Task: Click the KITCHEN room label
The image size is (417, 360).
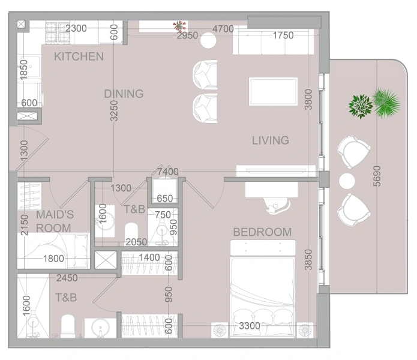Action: click(x=79, y=57)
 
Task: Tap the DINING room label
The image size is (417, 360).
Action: click(x=124, y=94)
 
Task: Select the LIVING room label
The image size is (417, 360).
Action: click(x=270, y=140)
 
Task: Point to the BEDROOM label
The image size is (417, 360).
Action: click(x=262, y=232)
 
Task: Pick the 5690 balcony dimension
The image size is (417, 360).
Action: click(x=376, y=176)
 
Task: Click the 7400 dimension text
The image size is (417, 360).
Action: click(x=168, y=172)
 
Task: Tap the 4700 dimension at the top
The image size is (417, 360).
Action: click(x=223, y=29)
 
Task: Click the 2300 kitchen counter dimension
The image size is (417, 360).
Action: click(x=76, y=28)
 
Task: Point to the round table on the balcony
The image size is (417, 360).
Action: click(x=348, y=181)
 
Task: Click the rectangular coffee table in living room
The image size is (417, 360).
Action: click(x=273, y=91)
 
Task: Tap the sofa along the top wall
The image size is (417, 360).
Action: click(x=273, y=42)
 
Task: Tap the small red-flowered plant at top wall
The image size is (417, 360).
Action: click(x=179, y=26)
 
